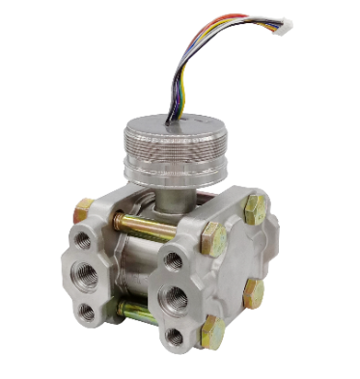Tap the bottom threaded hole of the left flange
(88, 311)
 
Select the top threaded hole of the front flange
(174, 259)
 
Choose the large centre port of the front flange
(176, 294)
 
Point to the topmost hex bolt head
(256, 208)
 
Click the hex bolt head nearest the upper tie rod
(213, 238)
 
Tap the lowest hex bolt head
(212, 333)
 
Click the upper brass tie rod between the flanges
(145, 226)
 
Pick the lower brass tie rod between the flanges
(135, 311)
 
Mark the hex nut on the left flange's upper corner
(83, 209)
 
